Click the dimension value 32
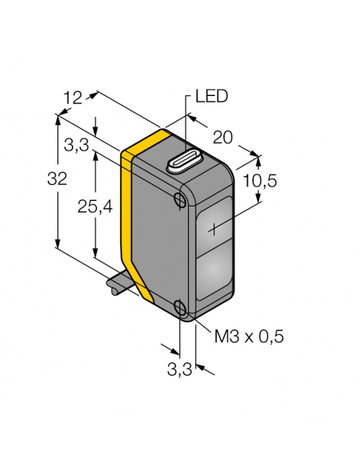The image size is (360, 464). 58,180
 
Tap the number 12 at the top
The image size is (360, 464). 74,97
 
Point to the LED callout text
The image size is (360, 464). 211,97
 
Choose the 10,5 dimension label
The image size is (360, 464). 260,181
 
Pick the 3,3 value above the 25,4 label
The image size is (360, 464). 76,146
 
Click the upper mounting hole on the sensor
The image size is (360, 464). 180,201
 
